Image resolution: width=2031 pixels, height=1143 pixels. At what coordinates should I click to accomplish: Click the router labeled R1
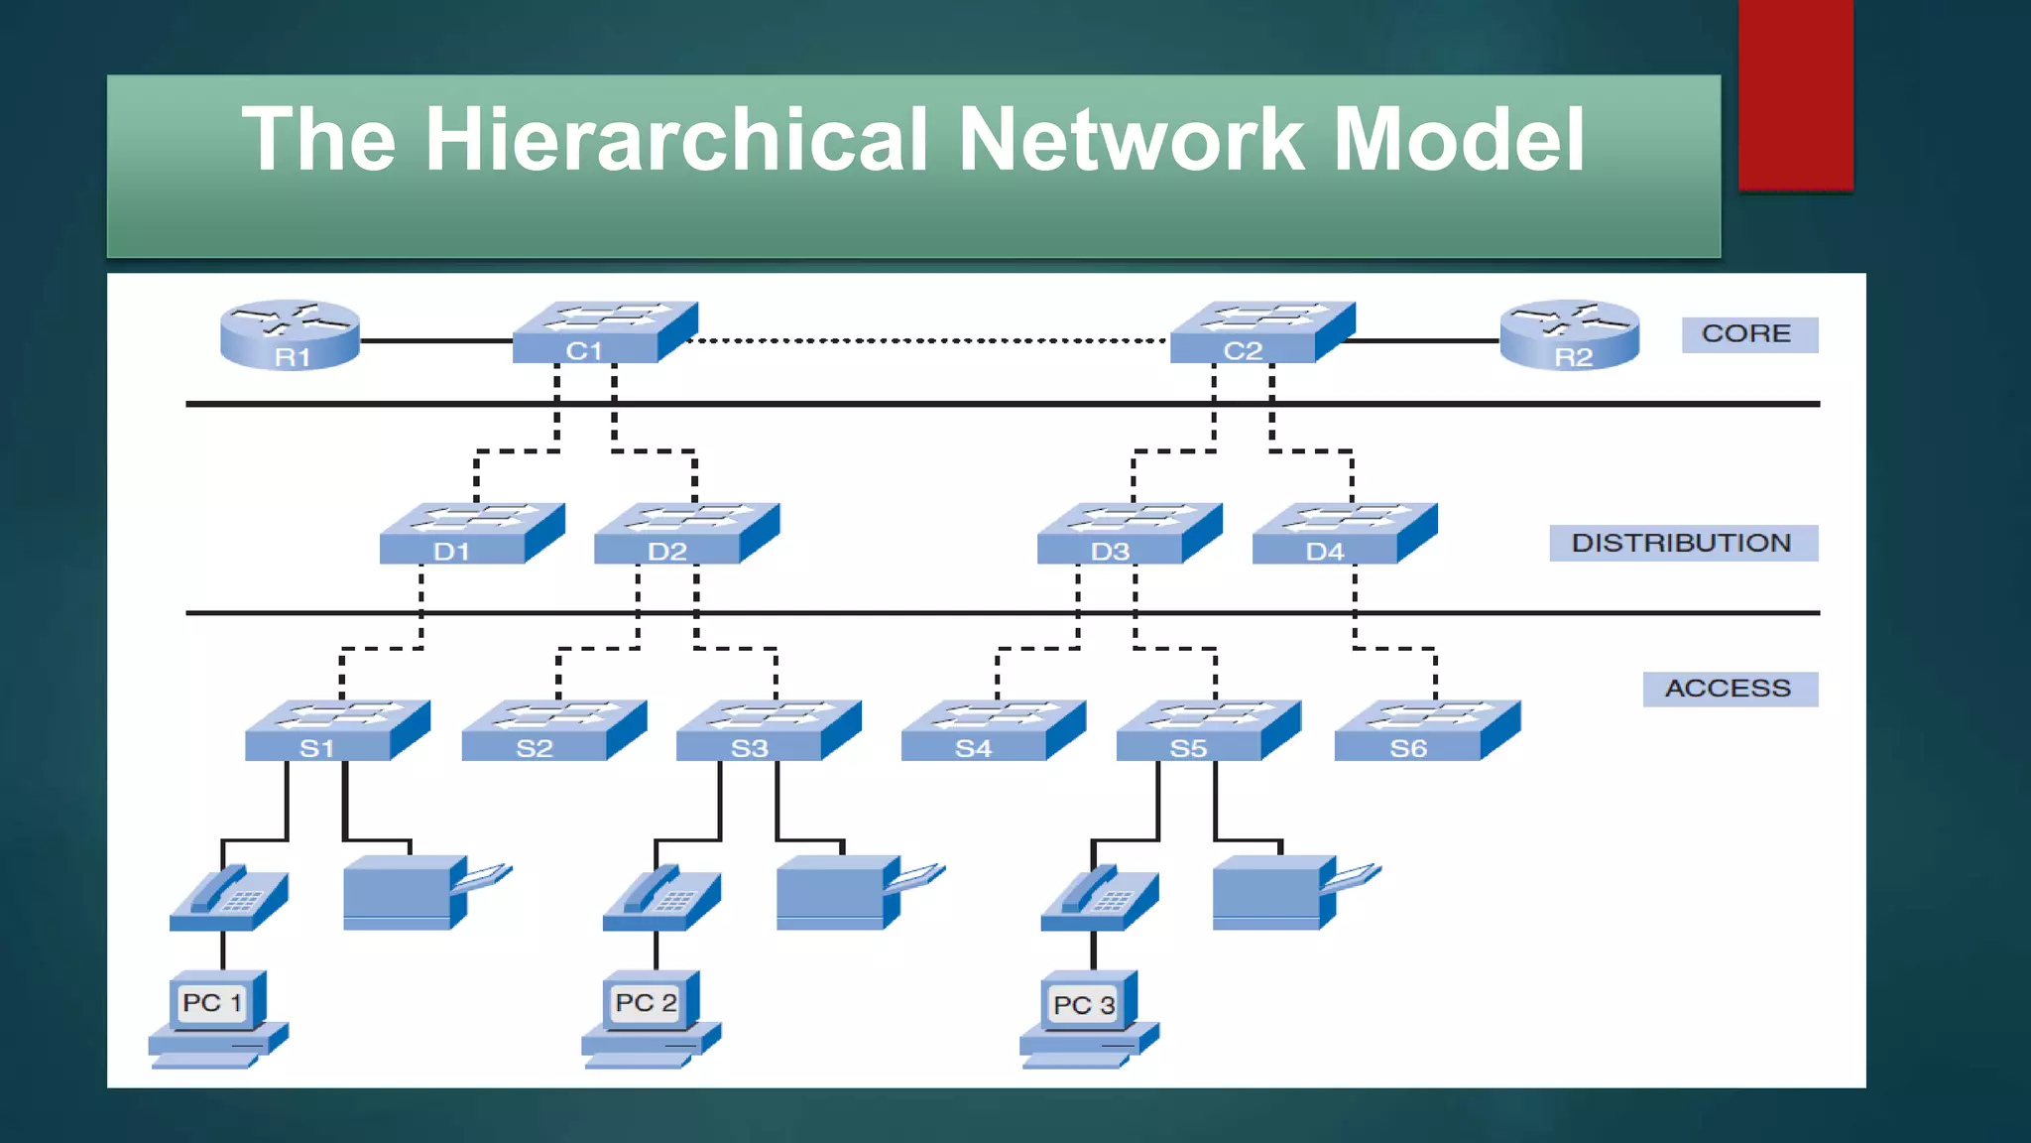click(290, 335)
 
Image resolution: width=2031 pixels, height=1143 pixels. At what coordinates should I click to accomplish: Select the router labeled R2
click(1569, 335)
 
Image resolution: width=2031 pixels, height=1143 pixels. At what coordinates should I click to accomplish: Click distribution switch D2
click(685, 535)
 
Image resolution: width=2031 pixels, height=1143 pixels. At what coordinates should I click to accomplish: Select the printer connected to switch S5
click(1284, 891)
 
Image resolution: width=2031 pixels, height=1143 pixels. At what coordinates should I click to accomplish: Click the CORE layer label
click(1748, 334)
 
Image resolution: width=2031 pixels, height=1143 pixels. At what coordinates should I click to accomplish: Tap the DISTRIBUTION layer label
click(1683, 543)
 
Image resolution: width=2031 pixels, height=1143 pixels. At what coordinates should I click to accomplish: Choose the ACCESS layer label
click(1729, 689)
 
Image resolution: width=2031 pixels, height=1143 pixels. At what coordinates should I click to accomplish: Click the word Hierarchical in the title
click(677, 140)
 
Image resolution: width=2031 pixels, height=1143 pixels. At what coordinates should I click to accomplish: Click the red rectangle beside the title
click(1795, 95)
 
